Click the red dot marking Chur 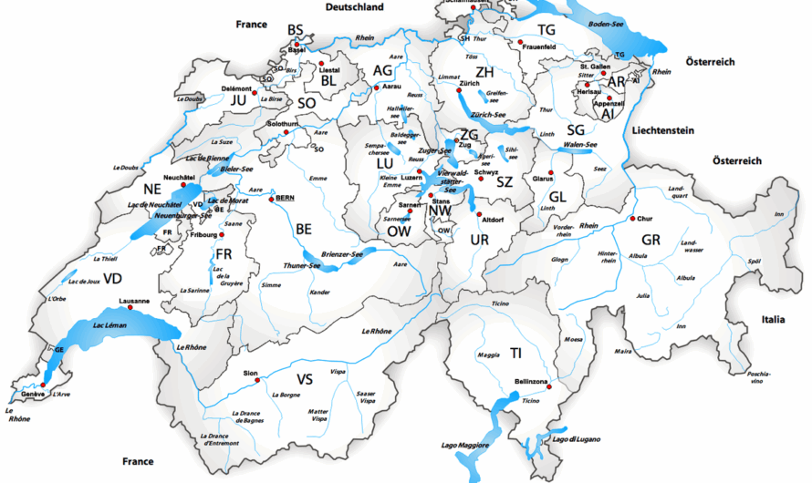(632, 219)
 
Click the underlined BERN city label (286, 198)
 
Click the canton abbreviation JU (240, 99)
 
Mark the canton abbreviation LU (383, 162)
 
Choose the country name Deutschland (356, 7)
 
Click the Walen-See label (580, 144)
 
